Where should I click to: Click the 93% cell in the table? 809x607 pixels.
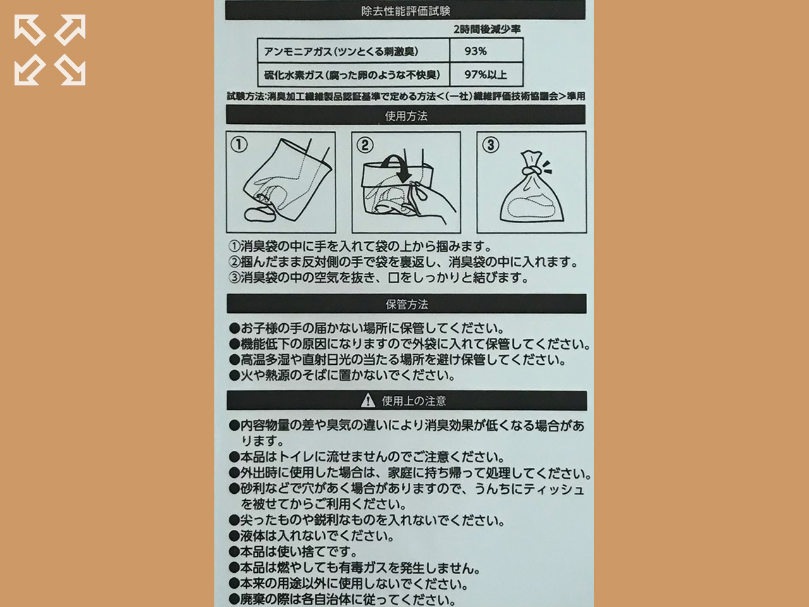click(x=475, y=51)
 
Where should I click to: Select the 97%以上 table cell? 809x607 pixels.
click(x=485, y=75)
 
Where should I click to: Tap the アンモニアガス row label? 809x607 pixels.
click(x=341, y=51)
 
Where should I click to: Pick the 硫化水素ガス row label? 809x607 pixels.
click(x=352, y=75)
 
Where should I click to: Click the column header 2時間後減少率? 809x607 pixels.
click(x=487, y=30)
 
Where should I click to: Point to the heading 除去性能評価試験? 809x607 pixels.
click(x=405, y=11)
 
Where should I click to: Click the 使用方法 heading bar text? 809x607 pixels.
click(x=406, y=116)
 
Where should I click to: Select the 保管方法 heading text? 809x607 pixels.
click(x=406, y=305)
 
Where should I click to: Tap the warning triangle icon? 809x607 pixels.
click(x=367, y=400)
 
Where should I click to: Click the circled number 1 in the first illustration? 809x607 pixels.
click(x=239, y=144)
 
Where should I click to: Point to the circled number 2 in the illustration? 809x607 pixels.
click(x=365, y=145)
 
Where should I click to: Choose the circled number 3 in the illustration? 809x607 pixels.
click(x=490, y=145)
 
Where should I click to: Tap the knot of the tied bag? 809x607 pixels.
click(x=531, y=171)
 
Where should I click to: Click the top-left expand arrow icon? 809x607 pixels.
click(x=30, y=30)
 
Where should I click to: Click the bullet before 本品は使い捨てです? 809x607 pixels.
click(x=234, y=552)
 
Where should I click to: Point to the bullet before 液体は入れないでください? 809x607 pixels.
click(x=234, y=536)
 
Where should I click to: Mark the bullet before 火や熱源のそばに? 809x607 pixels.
click(x=234, y=376)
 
